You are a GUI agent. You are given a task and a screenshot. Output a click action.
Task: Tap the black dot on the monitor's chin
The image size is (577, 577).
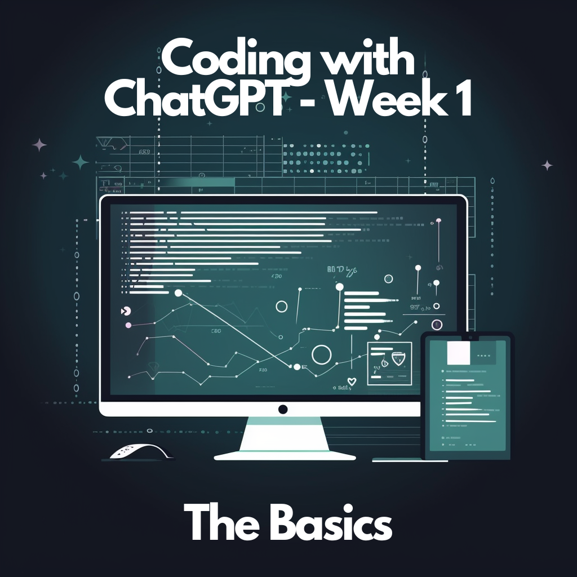coord(283,409)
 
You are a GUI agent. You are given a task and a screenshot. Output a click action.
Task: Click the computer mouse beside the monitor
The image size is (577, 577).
coord(137,451)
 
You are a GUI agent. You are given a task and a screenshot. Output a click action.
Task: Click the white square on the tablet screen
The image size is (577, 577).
coord(458,353)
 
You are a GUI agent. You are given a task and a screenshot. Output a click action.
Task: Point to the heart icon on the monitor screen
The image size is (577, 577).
coord(351,381)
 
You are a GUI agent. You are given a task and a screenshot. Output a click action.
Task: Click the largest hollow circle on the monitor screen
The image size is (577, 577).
coord(321,355)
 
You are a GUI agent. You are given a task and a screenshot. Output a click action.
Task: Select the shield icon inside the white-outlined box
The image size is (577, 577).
coord(399,358)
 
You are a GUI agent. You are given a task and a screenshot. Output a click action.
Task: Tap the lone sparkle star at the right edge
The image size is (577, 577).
coord(547,165)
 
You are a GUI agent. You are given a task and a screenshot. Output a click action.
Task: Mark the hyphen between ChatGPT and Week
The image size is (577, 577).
coord(315,105)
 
